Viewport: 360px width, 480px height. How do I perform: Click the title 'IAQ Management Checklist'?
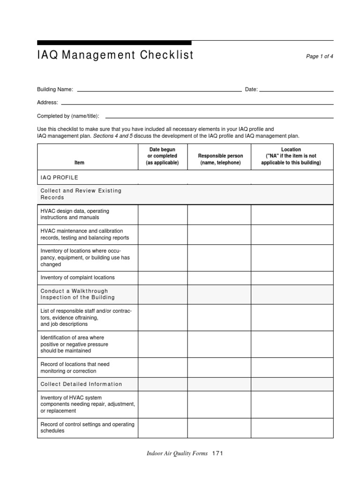(x=115, y=55)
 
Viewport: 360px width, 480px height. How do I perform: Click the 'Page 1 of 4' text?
(x=319, y=56)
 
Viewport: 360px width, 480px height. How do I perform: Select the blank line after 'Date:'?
(x=296, y=90)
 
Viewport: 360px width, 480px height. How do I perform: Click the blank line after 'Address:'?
(x=197, y=103)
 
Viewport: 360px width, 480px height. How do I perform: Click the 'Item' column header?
(x=80, y=163)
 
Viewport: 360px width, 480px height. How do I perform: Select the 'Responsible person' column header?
(x=220, y=159)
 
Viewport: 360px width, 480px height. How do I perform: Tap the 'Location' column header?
(x=291, y=156)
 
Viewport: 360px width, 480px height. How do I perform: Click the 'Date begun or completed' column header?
(x=162, y=156)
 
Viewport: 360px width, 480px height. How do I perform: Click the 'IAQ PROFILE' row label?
(x=60, y=178)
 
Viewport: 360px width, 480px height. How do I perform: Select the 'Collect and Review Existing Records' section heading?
(x=81, y=194)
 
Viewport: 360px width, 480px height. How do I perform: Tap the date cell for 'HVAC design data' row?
(x=162, y=214)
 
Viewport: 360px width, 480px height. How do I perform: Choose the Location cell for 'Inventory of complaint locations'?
(x=292, y=277)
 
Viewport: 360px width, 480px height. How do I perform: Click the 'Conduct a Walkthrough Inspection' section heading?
(x=78, y=294)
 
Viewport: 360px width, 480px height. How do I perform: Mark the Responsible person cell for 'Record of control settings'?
(x=219, y=427)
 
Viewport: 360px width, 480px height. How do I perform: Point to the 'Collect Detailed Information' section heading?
(x=82, y=384)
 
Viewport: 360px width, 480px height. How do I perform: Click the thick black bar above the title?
(x=114, y=43)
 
